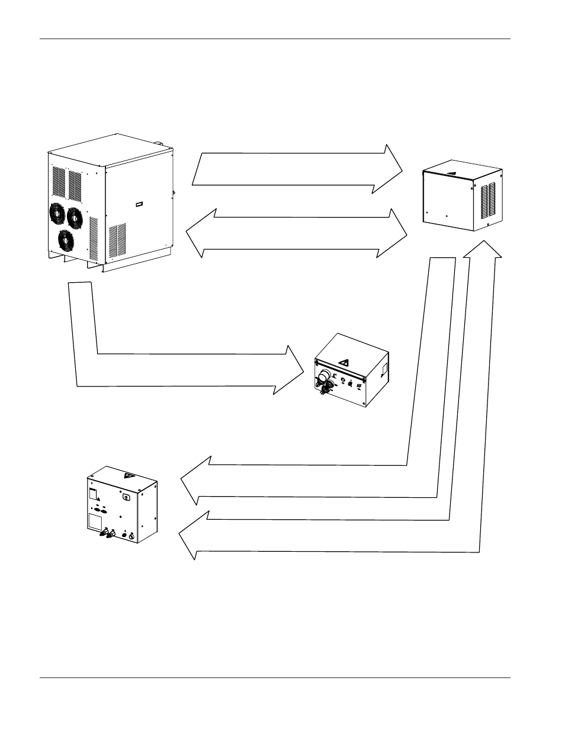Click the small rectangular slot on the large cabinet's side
pyautogui.click(x=139, y=204)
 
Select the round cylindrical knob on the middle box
pyautogui.click(x=324, y=375)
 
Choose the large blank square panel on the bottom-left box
pyautogui.click(x=94, y=521)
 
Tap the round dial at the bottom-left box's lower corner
pyautogui.click(x=131, y=536)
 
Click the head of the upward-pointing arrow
pyautogui.click(x=483, y=250)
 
